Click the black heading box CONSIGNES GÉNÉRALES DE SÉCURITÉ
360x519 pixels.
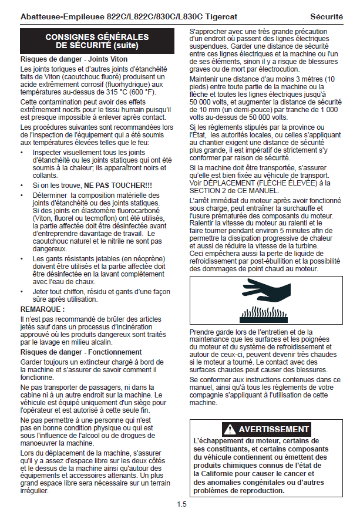click(97, 41)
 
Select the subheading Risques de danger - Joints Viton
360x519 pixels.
click(74, 59)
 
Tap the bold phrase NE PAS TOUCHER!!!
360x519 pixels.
click(118, 186)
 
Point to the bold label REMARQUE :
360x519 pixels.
click(43, 308)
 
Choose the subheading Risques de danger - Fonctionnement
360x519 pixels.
click(81, 352)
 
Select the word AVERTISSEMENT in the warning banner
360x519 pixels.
click(274, 429)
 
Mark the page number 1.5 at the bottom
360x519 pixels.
click(182, 504)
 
